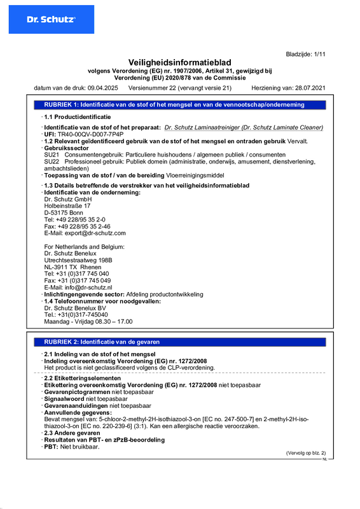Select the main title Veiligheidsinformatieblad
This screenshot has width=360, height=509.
[180, 62]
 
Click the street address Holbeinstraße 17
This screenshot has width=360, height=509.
[67, 206]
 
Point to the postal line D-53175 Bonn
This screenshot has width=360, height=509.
[64, 213]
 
